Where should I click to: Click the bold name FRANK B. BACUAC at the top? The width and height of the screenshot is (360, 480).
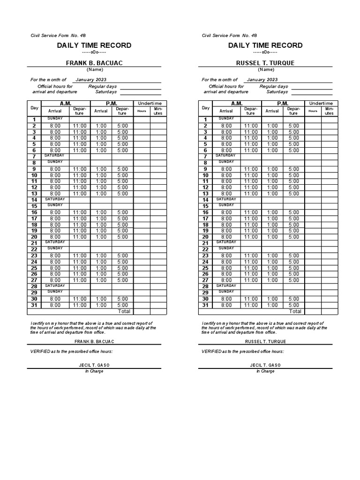94,63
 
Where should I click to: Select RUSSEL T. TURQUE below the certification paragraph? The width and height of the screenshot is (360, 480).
265,342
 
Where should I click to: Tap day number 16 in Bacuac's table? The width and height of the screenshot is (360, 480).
34,212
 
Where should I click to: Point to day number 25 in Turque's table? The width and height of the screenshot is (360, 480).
205,268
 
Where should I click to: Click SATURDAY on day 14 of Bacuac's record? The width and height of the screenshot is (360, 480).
55,199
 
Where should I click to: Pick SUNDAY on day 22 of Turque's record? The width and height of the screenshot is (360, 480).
226,248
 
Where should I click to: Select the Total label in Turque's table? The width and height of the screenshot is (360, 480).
295,311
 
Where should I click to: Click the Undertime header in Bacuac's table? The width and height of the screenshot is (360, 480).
150,103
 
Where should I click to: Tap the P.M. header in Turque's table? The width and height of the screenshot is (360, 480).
283,103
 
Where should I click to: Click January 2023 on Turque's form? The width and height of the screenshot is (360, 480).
262,80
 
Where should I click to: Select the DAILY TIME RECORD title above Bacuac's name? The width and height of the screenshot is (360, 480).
94,45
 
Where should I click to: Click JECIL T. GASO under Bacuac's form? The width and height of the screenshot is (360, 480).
94,365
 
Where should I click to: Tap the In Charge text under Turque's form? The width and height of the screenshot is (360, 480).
265,371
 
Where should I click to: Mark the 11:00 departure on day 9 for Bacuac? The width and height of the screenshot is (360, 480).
80,169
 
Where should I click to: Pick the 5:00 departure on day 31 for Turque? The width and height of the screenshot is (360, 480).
293,305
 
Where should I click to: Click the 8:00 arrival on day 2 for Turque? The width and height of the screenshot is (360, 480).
226,126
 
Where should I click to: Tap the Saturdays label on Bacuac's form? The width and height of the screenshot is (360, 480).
106,92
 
